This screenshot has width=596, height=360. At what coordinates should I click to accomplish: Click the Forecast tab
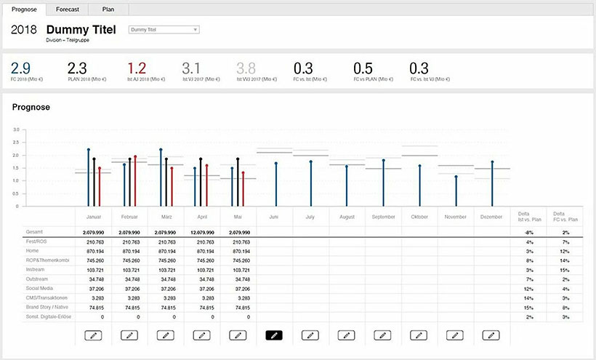67,9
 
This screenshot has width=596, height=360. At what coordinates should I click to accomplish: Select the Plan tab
108,9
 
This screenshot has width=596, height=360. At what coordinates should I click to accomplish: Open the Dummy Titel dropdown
164,30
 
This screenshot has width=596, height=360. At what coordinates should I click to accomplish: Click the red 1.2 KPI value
137,68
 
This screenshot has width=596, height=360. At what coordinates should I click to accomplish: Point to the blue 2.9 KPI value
20,68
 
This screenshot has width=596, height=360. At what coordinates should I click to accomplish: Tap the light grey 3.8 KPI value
246,68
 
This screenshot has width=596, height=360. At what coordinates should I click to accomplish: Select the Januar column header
94,217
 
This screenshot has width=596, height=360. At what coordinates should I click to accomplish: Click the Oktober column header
419,217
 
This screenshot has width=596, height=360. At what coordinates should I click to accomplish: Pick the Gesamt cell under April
202,231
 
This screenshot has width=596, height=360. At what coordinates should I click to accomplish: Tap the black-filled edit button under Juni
273,335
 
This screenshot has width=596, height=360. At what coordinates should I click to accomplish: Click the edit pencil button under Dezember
491,335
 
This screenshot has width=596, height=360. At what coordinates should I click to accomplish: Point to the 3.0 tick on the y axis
15,129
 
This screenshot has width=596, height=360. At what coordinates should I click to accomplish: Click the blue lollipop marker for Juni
275,164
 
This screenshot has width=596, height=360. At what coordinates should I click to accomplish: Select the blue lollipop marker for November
456,177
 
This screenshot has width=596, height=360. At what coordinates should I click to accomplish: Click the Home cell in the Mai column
238,250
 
